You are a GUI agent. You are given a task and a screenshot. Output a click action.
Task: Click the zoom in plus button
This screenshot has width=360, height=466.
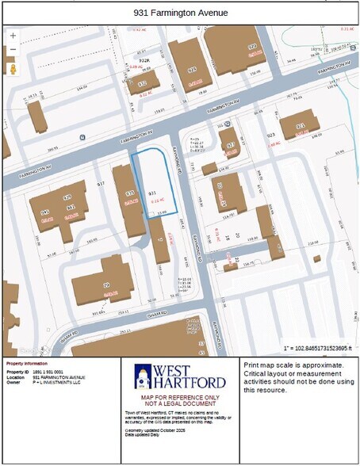13,36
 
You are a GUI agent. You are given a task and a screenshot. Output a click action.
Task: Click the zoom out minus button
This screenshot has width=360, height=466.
13,50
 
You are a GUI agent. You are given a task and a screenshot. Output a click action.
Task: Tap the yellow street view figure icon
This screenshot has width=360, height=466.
13,68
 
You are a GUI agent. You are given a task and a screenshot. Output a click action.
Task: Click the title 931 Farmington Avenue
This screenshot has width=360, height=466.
180,13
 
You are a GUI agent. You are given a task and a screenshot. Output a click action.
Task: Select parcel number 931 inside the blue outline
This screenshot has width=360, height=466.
151,193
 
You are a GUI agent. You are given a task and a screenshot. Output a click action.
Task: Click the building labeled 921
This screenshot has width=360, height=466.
300,126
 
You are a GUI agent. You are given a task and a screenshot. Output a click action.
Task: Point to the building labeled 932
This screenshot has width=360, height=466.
144,82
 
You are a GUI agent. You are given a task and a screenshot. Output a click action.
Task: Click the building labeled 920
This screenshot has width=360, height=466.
252,48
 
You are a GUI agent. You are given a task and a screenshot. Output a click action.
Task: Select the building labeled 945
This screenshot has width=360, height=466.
46,212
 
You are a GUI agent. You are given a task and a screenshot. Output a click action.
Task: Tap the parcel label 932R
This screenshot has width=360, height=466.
144,59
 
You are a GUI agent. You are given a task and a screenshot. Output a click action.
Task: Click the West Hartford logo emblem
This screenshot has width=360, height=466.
144,376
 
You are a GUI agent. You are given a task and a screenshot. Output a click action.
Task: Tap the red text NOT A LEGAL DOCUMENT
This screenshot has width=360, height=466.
180,403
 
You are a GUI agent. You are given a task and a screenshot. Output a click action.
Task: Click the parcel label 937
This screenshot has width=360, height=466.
101,183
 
